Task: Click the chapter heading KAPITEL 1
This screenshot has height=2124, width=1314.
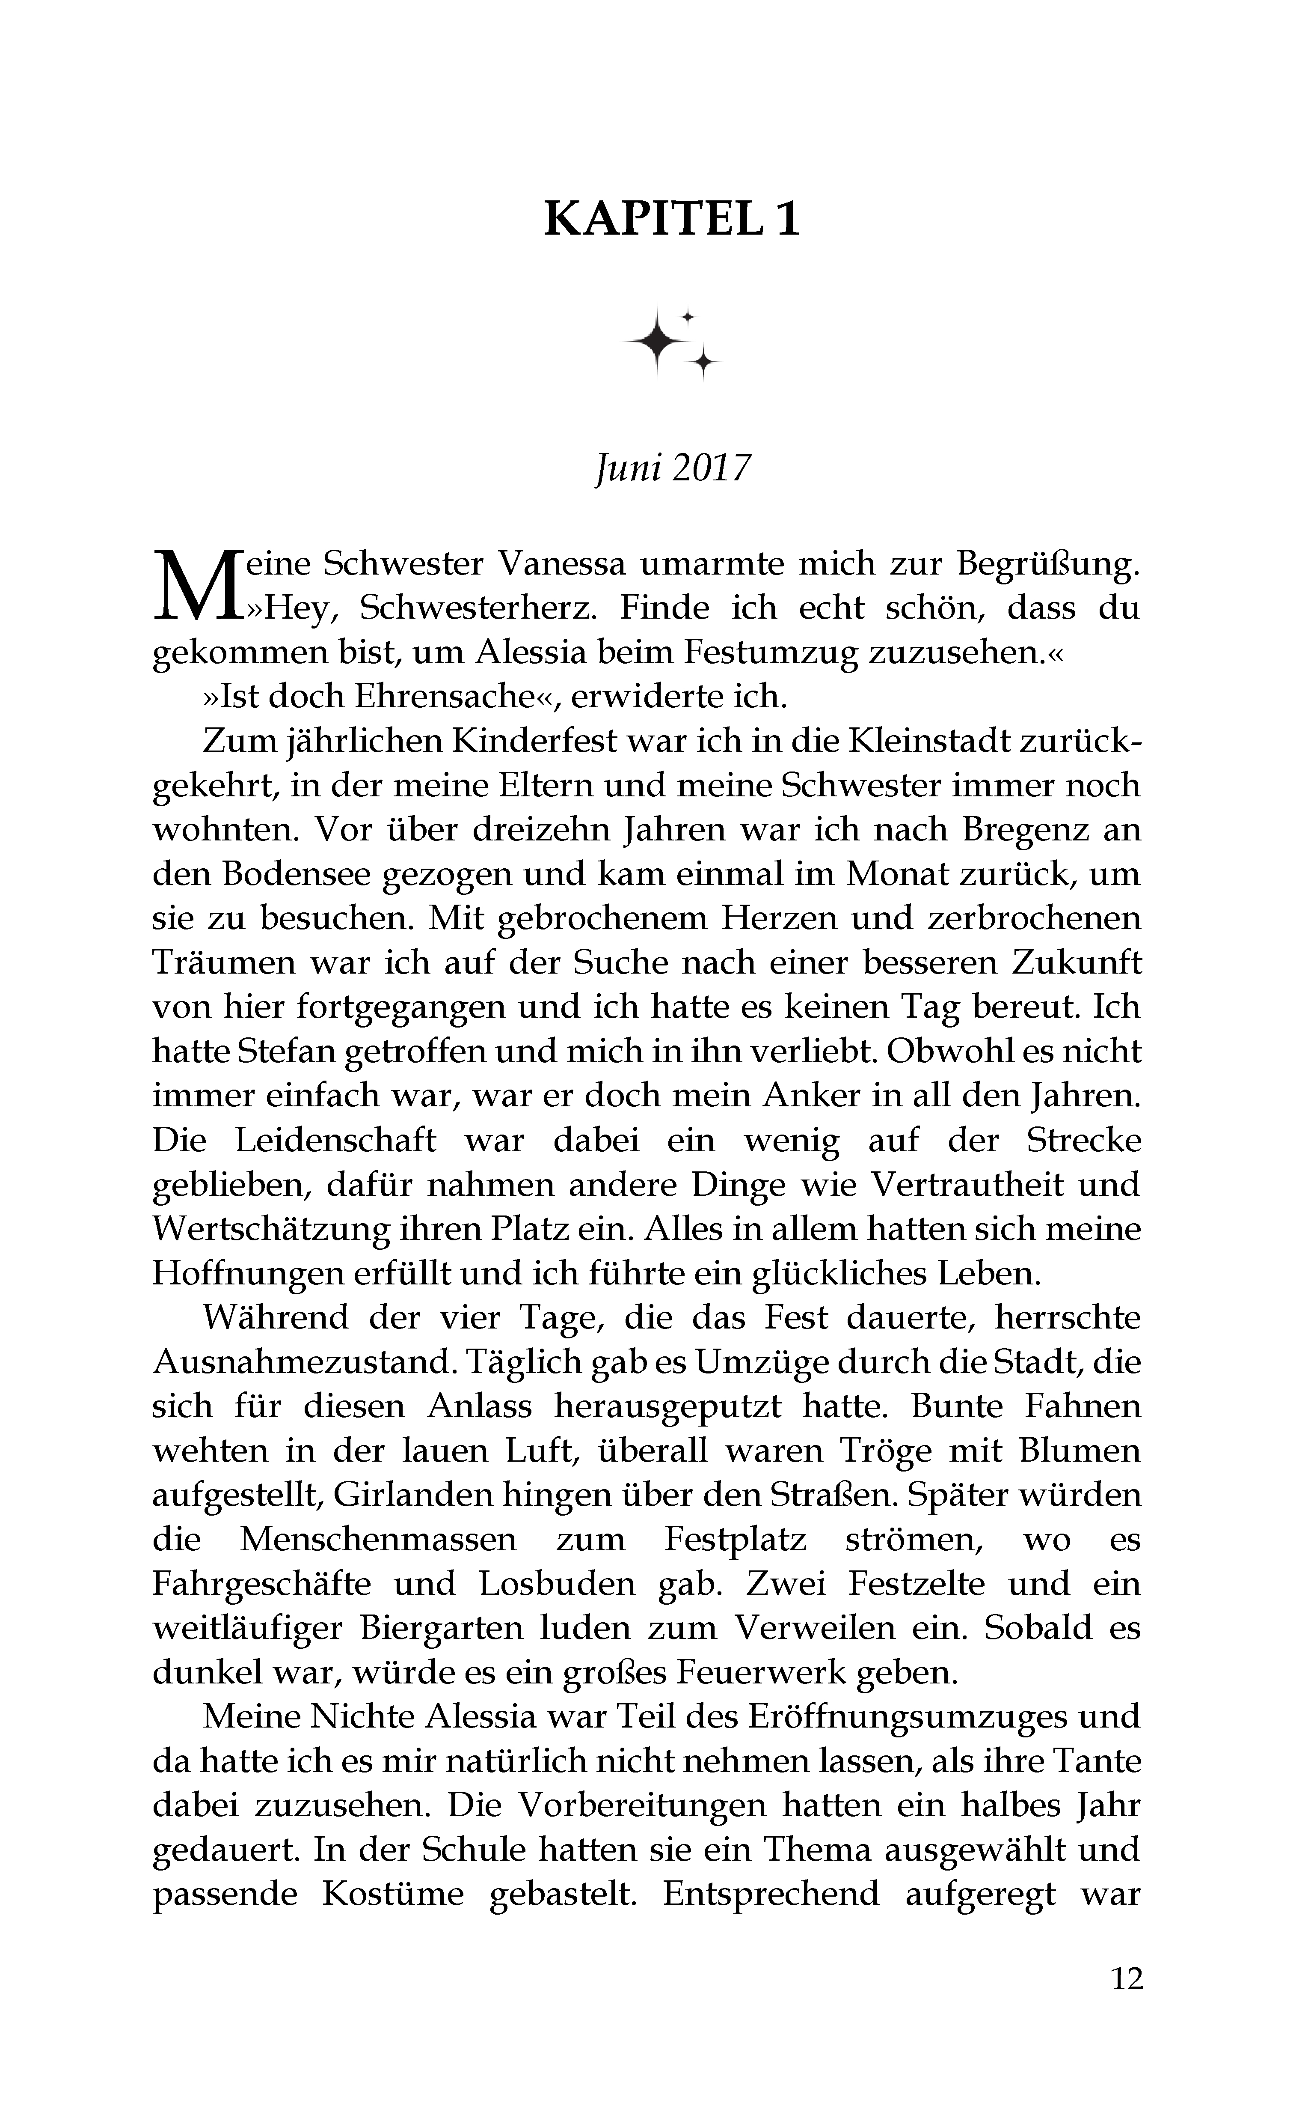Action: point(671,219)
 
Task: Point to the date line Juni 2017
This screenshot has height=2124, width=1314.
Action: point(671,470)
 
